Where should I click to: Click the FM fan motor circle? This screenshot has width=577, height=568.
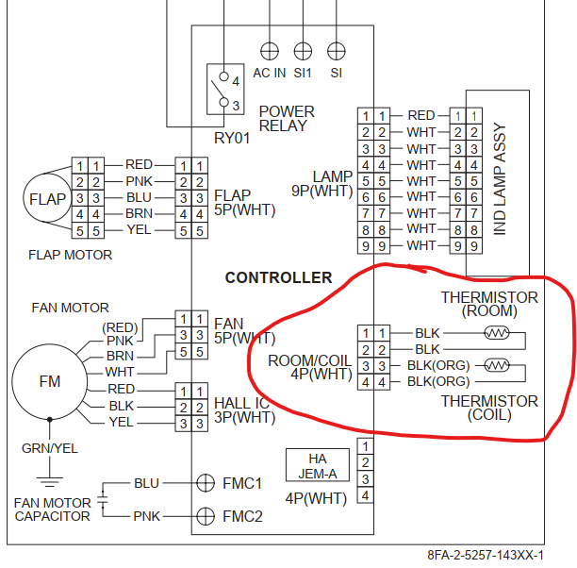(x=49, y=382)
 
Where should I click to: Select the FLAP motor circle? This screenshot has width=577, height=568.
(x=47, y=199)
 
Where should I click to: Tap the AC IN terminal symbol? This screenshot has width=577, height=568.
(x=270, y=49)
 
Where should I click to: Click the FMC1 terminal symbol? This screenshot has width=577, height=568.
(x=205, y=482)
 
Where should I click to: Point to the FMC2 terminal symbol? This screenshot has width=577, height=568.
(x=205, y=516)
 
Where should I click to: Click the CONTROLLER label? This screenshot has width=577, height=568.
(x=278, y=277)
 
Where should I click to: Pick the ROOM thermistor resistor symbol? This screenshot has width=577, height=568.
(x=496, y=332)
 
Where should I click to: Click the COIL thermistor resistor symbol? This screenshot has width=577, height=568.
(x=496, y=365)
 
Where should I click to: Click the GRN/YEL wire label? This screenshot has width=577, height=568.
(x=50, y=448)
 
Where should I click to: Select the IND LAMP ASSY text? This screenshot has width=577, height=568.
(x=500, y=178)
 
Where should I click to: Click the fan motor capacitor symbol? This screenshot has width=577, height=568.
(x=103, y=499)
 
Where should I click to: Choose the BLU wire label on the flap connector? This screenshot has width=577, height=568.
(x=138, y=197)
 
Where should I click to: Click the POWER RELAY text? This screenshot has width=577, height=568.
(x=286, y=118)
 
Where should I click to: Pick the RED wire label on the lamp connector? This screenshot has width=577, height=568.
(x=420, y=115)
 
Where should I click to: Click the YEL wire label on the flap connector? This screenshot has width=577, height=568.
(x=138, y=230)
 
